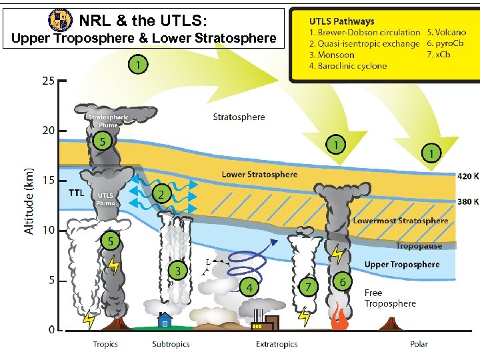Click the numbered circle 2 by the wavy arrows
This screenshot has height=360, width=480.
(x=160, y=194)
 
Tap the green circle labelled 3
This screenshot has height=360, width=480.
(x=177, y=271)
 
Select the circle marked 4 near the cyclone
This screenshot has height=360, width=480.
(x=249, y=287)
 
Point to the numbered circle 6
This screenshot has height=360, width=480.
(x=343, y=282)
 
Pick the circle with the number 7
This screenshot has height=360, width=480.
(x=307, y=287)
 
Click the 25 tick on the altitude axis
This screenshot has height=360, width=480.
(x=49, y=81)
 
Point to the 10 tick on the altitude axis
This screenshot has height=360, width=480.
(x=49, y=230)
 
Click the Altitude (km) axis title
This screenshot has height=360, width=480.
(x=29, y=200)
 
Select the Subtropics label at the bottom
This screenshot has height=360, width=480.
(x=171, y=344)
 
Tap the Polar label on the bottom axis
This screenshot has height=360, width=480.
(x=419, y=344)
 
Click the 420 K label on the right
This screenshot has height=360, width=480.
(x=467, y=177)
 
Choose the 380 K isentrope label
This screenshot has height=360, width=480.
(x=467, y=201)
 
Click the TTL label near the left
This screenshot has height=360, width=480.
(x=77, y=193)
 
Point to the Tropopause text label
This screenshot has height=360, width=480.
(x=419, y=246)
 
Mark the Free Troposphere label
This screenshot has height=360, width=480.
(x=390, y=298)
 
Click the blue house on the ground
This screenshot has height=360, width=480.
(x=163, y=321)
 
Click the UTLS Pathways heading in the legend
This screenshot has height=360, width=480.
(x=342, y=21)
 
